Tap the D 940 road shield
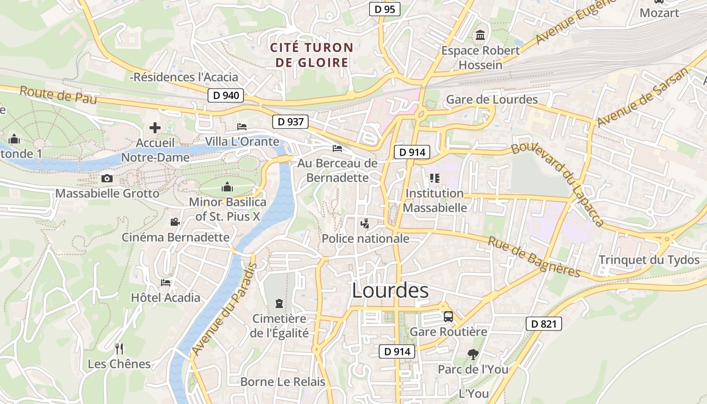click(x=226, y=95)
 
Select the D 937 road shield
click(x=290, y=121)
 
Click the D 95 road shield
click(x=384, y=9)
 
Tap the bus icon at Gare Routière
click(x=448, y=317)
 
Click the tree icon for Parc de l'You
click(x=473, y=354)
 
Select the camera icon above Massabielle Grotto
click(x=107, y=178)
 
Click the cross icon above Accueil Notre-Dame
click(x=155, y=128)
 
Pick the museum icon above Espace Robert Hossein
click(x=480, y=35)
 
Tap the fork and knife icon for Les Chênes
click(x=119, y=348)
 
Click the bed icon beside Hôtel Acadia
click(x=166, y=282)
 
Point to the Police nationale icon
click(x=365, y=223)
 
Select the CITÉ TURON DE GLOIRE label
click(x=312, y=55)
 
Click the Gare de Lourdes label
click(x=492, y=99)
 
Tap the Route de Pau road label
click(x=58, y=95)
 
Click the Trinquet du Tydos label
click(x=649, y=260)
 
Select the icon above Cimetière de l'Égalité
click(x=279, y=303)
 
